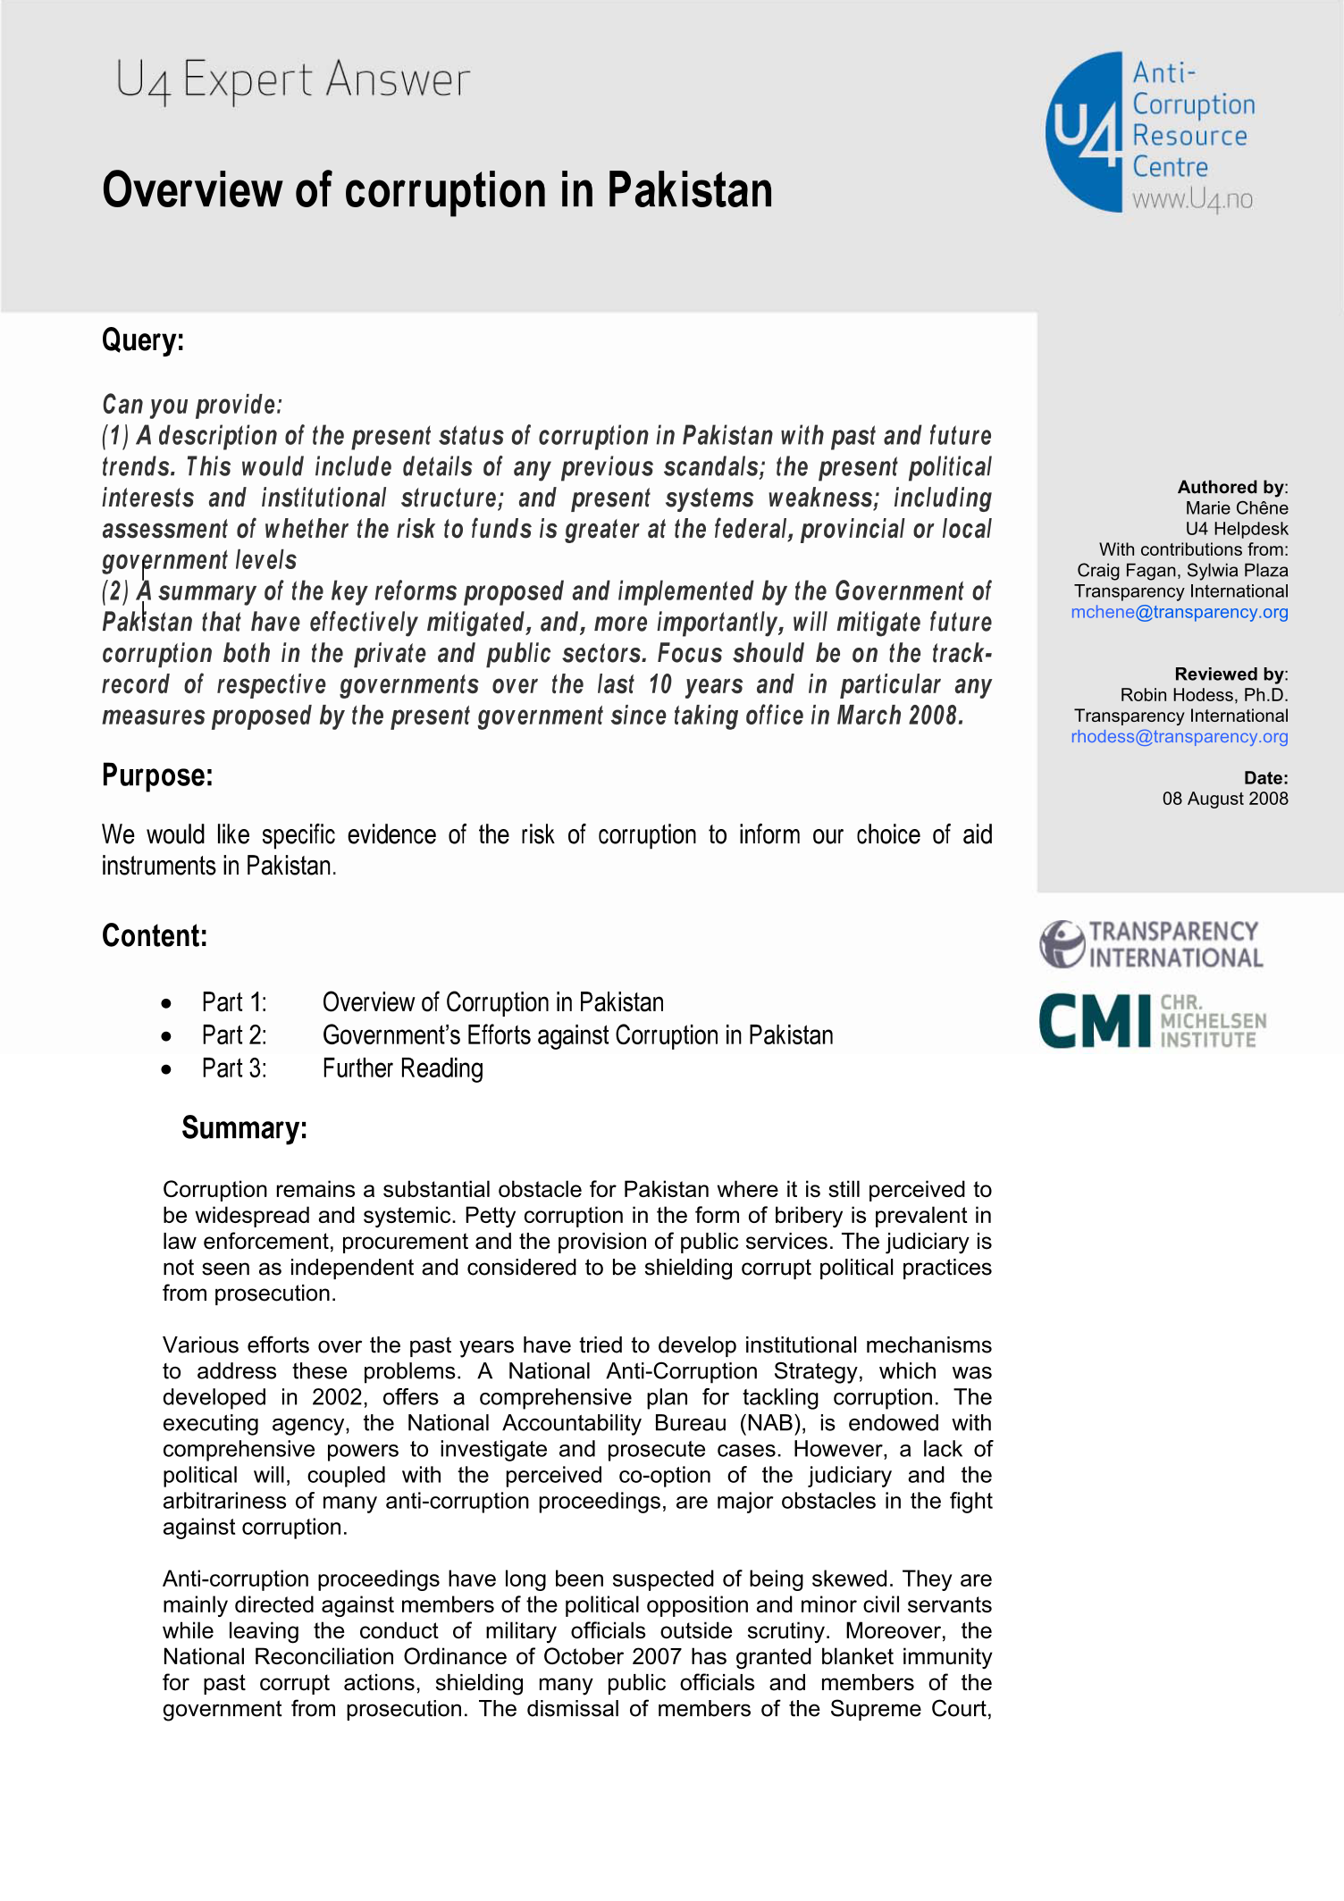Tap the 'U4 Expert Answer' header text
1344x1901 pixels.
[292, 80]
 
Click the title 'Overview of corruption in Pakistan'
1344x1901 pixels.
[437, 190]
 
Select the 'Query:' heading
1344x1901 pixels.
[143, 340]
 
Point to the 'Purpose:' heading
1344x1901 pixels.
[157, 775]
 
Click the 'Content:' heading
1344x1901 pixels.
[155, 936]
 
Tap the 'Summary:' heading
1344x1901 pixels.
[244, 1128]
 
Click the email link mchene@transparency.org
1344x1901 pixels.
[1179, 612]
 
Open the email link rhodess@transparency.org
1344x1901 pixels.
[1179, 737]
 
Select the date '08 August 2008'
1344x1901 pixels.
[1224, 799]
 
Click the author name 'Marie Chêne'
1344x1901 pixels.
[1236, 508]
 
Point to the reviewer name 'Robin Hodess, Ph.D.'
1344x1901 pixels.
[1204, 695]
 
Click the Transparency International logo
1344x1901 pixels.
[1151, 945]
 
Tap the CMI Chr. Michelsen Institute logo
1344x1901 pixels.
[1152, 1020]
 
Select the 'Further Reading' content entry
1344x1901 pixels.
[402, 1068]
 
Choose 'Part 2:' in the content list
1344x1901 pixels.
[234, 1035]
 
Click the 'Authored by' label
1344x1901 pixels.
[1231, 487]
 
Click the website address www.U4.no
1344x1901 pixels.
[1192, 199]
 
